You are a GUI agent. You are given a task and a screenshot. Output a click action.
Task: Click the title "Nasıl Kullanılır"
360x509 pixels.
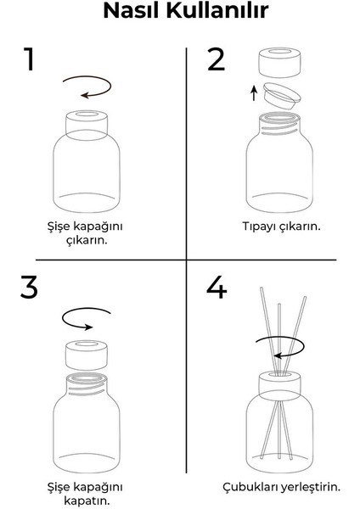tap(180, 14)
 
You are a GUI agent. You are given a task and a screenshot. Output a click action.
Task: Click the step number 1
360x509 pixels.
tap(30, 60)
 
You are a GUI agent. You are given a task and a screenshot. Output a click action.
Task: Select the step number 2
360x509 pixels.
tap(217, 60)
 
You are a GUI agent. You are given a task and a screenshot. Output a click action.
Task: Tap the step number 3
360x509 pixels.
tap(30, 288)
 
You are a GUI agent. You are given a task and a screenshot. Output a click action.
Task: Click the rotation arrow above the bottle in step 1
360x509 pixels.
tap(87, 87)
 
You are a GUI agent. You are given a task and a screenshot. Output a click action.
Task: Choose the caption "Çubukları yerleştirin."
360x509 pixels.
tap(281, 486)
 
